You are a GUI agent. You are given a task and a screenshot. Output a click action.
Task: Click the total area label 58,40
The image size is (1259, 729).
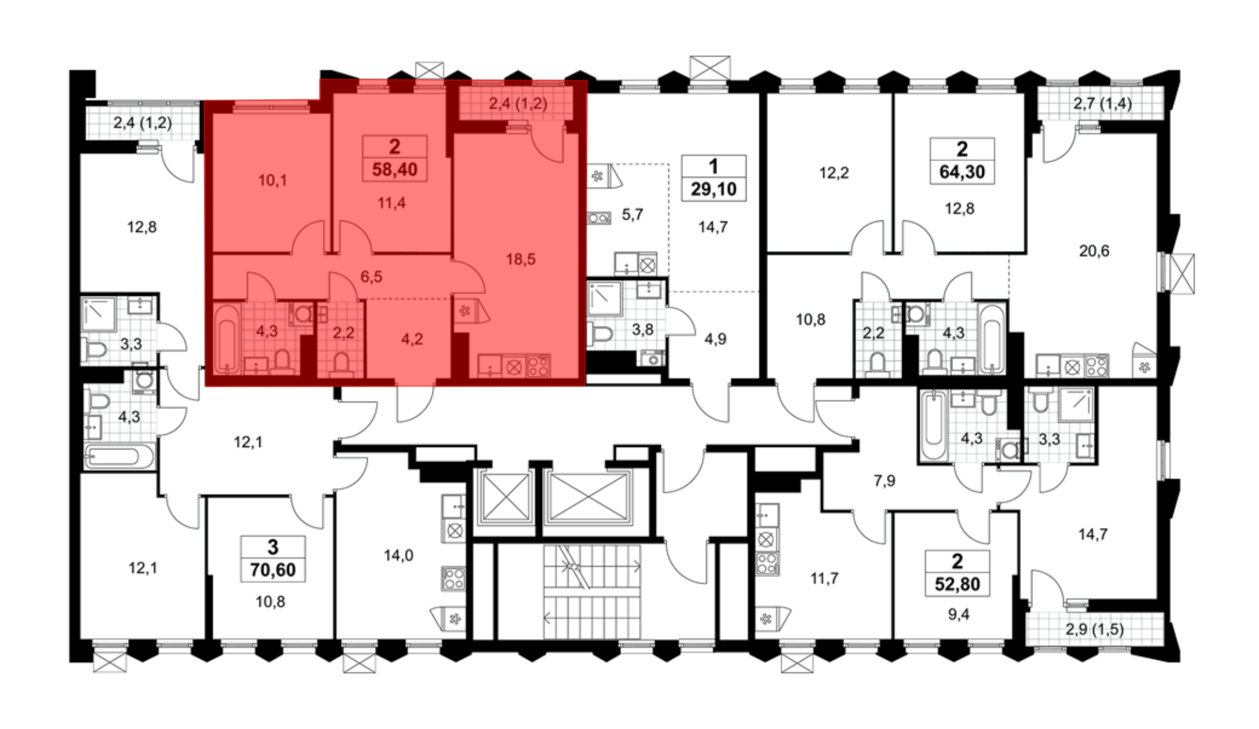tap(395, 169)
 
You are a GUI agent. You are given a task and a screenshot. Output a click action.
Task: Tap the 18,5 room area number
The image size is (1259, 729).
tap(521, 259)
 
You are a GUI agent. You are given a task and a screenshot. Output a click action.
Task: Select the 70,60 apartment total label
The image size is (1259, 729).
tap(273, 570)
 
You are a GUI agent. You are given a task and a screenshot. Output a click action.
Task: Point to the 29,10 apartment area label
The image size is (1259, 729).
tap(713, 189)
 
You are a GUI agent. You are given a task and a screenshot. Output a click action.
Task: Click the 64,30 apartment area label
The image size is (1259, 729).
tap(962, 172)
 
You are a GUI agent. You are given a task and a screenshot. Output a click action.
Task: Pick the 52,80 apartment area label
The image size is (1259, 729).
tap(957, 584)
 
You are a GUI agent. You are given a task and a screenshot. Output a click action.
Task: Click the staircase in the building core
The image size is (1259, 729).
tap(592, 592)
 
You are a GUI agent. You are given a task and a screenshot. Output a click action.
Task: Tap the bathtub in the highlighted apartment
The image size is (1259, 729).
tap(227, 338)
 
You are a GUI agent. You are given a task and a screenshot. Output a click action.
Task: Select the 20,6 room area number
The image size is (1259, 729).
tap(1094, 251)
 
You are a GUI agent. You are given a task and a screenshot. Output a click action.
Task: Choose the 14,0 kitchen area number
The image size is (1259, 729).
tap(398, 555)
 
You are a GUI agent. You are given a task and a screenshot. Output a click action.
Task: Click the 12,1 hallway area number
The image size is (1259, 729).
tap(248, 442)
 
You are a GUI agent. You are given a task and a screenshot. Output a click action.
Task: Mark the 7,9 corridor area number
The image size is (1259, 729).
tap(884, 481)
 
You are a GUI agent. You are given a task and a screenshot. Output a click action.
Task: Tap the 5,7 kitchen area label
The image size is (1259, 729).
tap(632, 215)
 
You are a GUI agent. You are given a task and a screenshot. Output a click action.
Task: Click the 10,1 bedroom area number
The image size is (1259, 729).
tap(273, 181)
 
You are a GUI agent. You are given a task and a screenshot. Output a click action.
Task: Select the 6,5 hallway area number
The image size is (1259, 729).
tap(371, 276)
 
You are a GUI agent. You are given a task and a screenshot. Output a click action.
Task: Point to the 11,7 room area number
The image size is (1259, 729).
tap(824, 578)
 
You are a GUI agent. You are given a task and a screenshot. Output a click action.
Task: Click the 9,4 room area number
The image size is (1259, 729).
tap(959, 614)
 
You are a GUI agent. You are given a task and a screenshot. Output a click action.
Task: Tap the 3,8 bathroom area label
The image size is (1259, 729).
tap(642, 329)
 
